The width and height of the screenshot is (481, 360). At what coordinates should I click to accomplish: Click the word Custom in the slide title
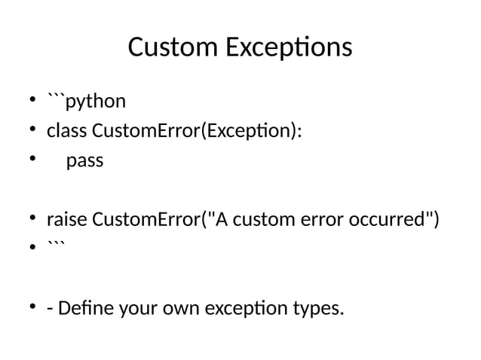(x=171, y=47)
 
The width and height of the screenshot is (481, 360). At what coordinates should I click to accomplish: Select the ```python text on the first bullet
(x=86, y=101)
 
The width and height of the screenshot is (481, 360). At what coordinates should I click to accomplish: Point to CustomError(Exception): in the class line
(x=197, y=131)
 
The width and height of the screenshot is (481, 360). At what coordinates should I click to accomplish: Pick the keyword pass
(x=84, y=161)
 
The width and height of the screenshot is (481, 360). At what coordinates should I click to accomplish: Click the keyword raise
(x=67, y=221)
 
